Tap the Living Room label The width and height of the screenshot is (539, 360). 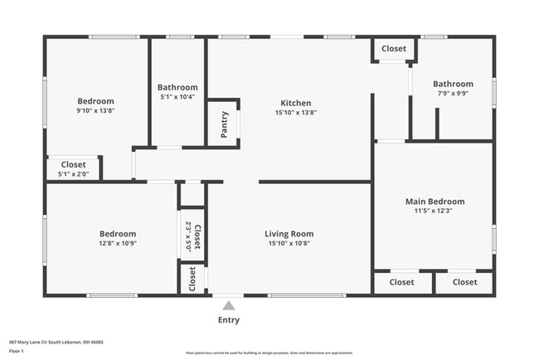pos(289,234)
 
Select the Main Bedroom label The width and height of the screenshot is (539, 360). pos(434,202)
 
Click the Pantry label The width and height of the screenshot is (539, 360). pos(224,124)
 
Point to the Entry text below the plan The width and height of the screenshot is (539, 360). pos(229,319)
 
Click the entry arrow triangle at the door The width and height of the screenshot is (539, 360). pos(229,304)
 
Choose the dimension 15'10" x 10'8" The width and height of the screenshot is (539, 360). pos(289,244)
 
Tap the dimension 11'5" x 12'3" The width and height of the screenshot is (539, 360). pos(434,211)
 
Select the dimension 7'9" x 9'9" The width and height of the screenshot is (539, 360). pos(453,94)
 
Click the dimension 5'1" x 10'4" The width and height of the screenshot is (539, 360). pos(177,97)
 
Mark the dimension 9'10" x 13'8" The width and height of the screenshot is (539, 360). pos(95,110)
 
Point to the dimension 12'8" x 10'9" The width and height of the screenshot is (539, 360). pos(118,244)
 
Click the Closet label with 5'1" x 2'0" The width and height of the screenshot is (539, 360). pos(73,165)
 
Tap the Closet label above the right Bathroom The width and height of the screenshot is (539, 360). pos(394,49)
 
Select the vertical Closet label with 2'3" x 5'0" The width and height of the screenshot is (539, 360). pos(197,236)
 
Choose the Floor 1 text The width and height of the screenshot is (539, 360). pos(17,350)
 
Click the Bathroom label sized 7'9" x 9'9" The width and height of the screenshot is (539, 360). pos(453,84)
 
